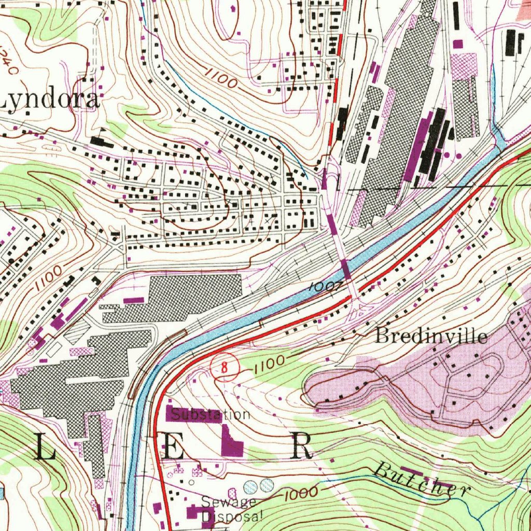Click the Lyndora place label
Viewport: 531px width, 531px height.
coord(49,100)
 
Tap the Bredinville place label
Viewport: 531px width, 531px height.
coord(431,336)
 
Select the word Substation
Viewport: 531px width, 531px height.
coord(210,415)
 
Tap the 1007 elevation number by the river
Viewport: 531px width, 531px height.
coord(325,286)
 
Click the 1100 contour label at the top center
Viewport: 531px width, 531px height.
coord(220,78)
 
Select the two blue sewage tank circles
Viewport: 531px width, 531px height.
coord(259,486)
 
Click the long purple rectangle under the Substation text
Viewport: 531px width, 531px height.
coord(193,414)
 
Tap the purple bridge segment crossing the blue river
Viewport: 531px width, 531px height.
coord(345,269)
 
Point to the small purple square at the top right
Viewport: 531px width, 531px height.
coord(457,44)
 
